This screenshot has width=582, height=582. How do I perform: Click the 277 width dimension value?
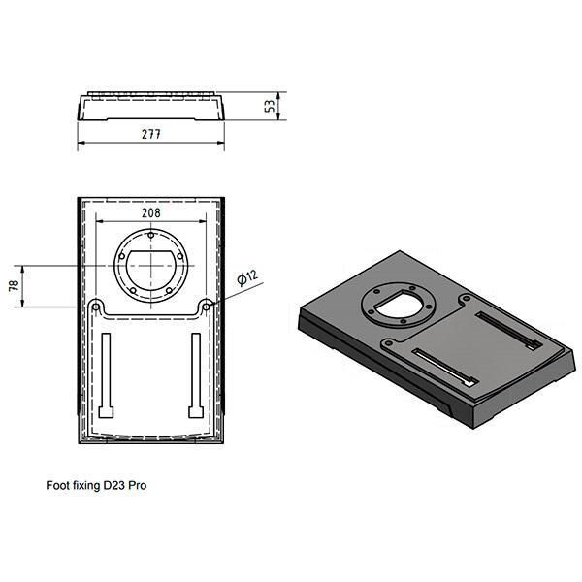coord(151,134)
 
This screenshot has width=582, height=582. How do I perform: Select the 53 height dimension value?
coord(271,106)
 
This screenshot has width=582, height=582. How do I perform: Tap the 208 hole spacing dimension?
coord(151,213)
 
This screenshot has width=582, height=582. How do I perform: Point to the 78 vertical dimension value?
coord(15,285)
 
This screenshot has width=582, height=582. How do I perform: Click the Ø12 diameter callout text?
coord(247,277)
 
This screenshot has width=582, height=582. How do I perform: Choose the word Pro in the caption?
coord(138,486)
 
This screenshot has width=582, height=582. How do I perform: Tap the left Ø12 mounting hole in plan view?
coord(96,307)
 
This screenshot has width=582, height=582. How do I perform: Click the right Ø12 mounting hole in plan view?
coord(206,307)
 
